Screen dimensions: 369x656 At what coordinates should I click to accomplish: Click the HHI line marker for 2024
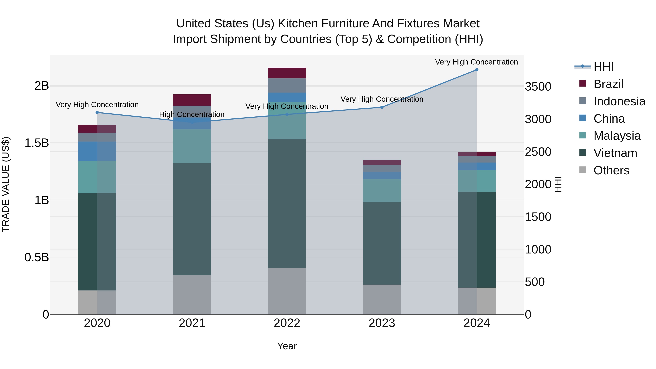477,70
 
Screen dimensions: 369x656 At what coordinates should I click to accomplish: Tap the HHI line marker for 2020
97,112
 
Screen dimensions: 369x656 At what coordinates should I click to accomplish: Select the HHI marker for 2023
382,107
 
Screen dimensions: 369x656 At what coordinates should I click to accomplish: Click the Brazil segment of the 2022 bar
287,73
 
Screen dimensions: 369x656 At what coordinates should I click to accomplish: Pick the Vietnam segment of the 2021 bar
192,219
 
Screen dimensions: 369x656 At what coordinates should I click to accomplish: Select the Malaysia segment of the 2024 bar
477,181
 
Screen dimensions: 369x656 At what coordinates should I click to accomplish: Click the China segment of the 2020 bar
97,151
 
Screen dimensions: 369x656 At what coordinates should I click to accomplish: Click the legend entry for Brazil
608,84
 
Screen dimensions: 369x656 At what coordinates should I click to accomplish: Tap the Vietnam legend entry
615,153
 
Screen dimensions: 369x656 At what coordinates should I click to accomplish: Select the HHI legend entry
603,67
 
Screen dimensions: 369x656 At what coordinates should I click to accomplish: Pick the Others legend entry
611,170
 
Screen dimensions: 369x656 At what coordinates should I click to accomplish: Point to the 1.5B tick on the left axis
37,143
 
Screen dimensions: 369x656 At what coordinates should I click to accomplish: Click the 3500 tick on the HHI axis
538,87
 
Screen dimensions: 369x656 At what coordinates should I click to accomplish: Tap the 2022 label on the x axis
287,323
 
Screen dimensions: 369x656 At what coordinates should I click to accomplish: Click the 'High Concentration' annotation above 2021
192,114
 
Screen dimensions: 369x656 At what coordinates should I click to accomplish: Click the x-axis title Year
287,346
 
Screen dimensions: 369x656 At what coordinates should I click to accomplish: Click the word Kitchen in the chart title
298,24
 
